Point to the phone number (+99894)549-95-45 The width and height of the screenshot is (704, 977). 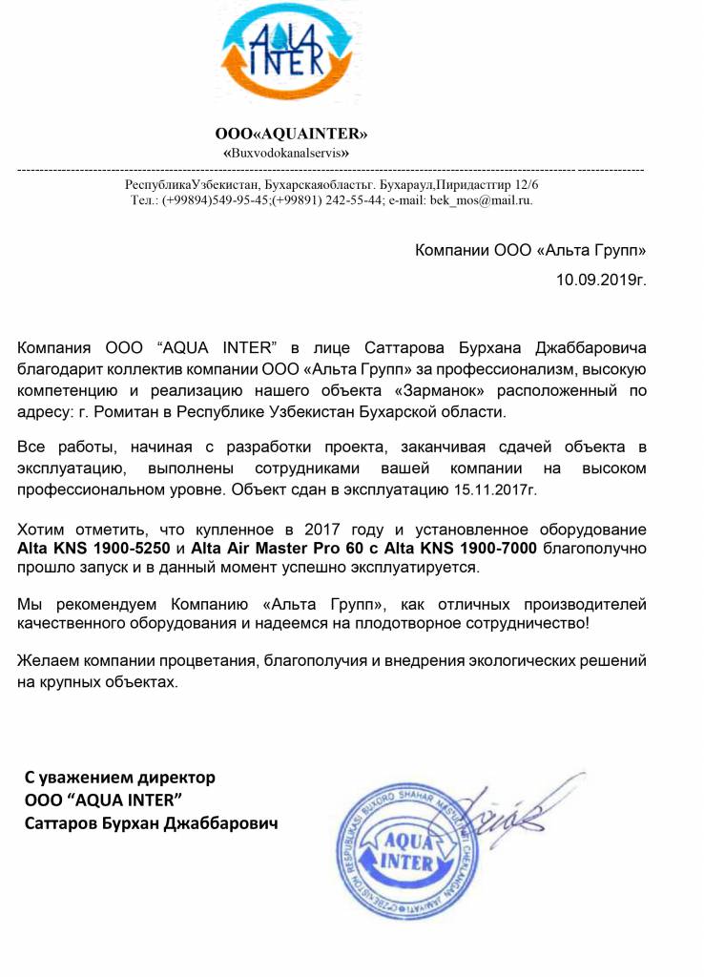[217, 200]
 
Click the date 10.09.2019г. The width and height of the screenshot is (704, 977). [601, 281]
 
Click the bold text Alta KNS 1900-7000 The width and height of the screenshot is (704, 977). [469, 549]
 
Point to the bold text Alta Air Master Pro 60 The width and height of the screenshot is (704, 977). [270, 549]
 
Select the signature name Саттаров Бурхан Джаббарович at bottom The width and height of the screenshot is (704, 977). [152, 821]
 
